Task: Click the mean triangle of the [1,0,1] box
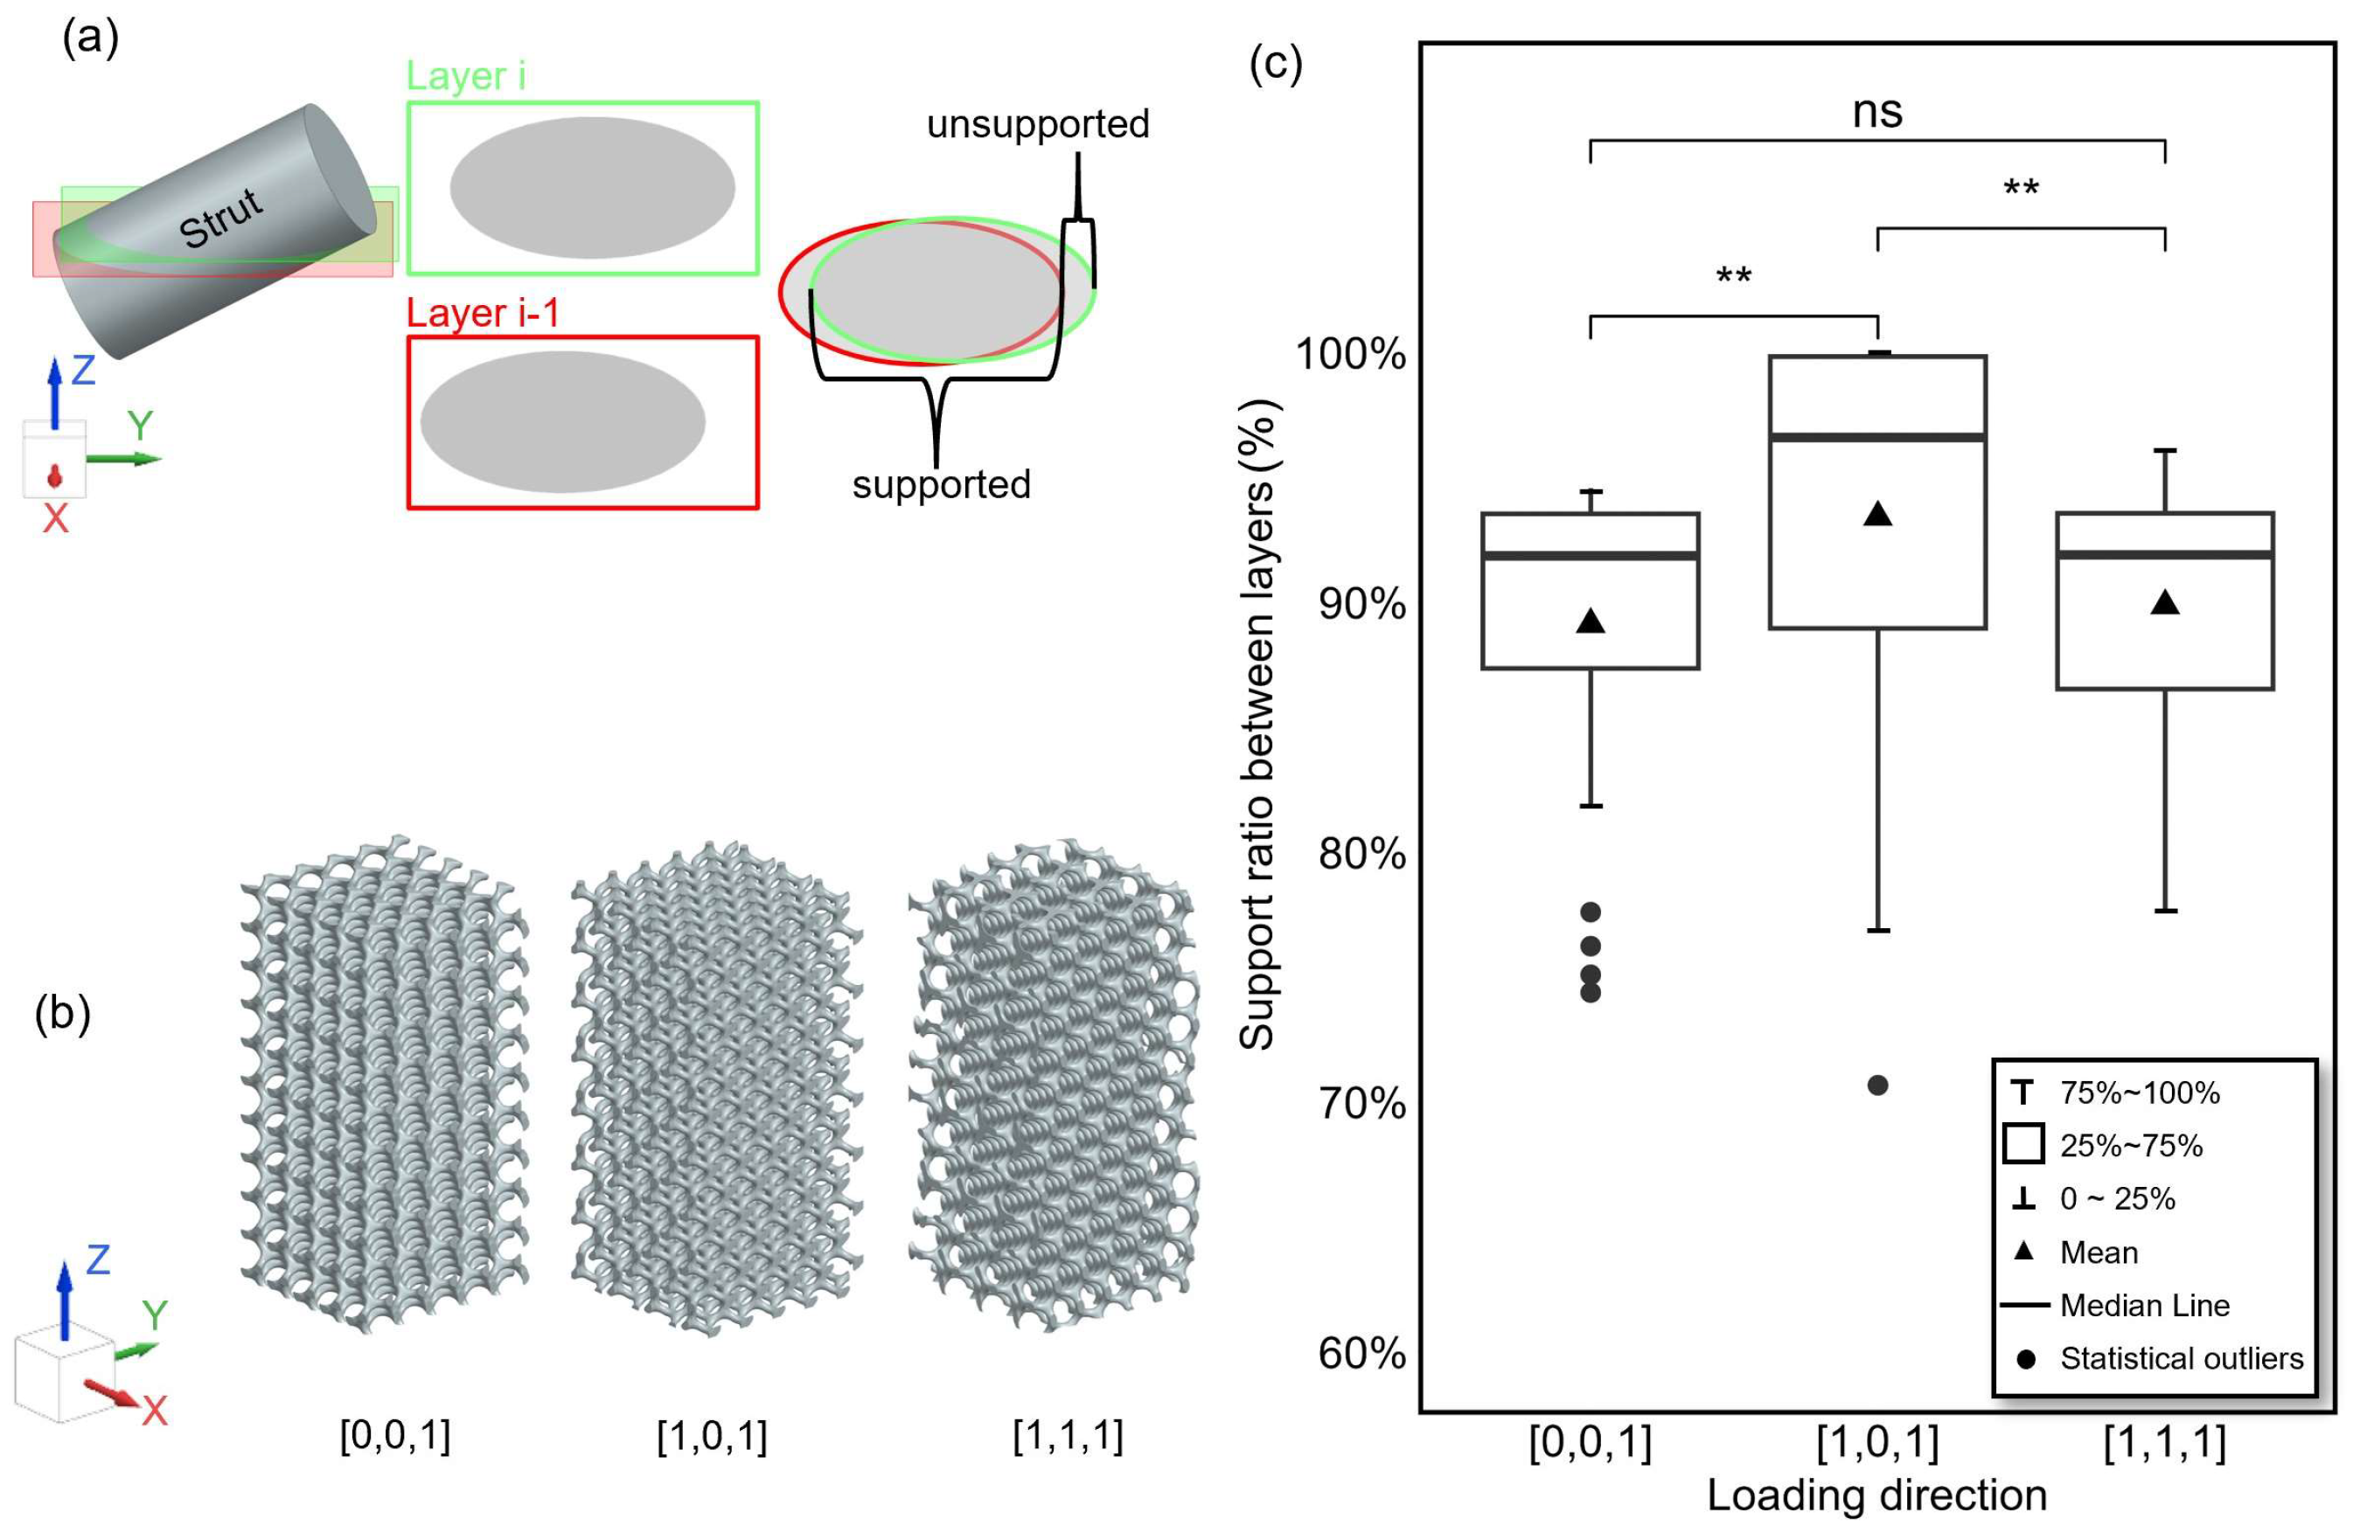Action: click(x=1877, y=514)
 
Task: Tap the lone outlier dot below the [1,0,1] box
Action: click(x=1877, y=1085)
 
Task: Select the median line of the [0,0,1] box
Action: click(x=1590, y=555)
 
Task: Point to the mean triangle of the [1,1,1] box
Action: click(x=2165, y=602)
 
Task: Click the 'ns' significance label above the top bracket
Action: click(x=1877, y=111)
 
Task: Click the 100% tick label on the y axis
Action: click(x=1350, y=354)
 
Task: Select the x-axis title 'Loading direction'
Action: click(x=1876, y=1495)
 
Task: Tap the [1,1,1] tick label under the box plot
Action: click(x=2165, y=1442)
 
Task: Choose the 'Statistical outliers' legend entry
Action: click(x=2181, y=1357)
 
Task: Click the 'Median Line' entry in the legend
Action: click(x=2144, y=1305)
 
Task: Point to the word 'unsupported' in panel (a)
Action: click(x=1038, y=125)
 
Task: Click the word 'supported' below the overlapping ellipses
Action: click(x=941, y=484)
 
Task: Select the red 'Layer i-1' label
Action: click(x=483, y=313)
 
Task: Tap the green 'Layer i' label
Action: click(x=466, y=76)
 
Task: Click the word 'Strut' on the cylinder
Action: click(x=221, y=217)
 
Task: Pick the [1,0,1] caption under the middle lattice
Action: click(x=712, y=1436)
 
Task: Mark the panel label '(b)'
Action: click(x=62, y=1014)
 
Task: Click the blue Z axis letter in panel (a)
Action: click(x=83, y=370)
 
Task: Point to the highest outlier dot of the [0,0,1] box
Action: click(x=1590, y=912)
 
